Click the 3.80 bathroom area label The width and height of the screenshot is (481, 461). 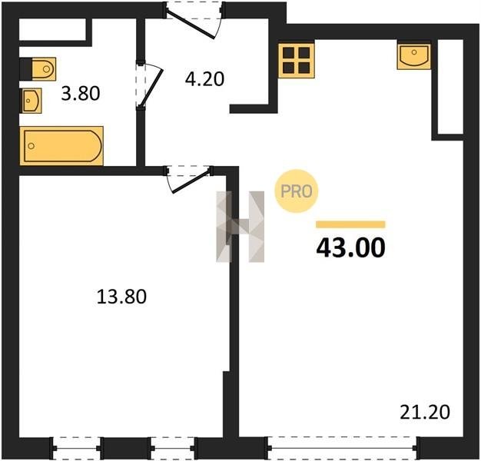click(x=81, y=94)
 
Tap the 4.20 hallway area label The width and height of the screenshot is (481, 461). click(x=204, y=79)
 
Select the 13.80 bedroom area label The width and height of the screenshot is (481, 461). click(x=121, y=297)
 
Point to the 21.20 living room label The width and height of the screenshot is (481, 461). click(x=425, y=412)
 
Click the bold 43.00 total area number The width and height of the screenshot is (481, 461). click(x=350, y=248)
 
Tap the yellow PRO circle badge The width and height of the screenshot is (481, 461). click(x=297, y=191)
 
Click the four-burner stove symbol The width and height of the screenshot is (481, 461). click(x=297, y=61)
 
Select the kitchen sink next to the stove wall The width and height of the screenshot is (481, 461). click(x=414, y=57)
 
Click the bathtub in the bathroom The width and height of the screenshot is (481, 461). click(x=61, y=146)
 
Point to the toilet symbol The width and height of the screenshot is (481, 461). click(x=38, y=68)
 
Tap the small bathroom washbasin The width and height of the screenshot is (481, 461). click(x=31, y=101)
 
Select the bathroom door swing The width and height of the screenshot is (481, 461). click(x=151, y=85)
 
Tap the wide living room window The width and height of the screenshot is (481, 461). click(x=342, y=448)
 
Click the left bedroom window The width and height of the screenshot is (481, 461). click(x=77, y=448)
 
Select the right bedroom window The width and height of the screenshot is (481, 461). click(x=172, y=448)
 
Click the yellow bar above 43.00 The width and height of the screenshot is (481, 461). click(x=350, y=224)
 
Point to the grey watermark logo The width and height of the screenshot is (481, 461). click(x=240, y=227)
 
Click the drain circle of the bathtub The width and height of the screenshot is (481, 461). click(x=32, y=146)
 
